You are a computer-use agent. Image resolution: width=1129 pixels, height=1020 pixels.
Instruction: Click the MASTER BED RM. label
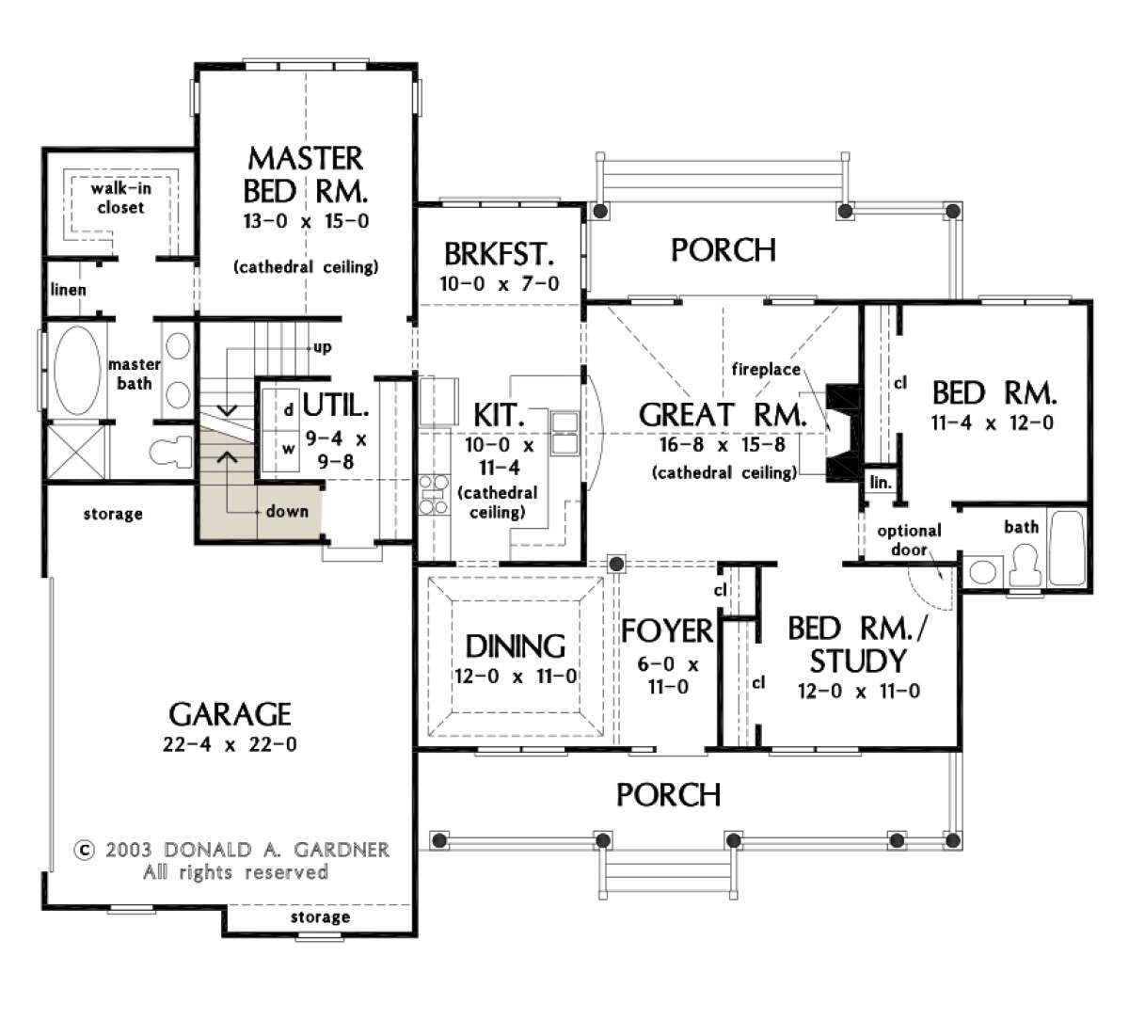[x=306, y=175]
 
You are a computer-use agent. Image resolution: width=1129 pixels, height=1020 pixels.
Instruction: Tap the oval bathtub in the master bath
[x=77, y=370]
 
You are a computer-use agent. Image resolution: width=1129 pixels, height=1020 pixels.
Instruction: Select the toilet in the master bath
[x=171, y=452]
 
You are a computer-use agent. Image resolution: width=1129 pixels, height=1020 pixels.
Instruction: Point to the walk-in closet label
[x=121, y=198]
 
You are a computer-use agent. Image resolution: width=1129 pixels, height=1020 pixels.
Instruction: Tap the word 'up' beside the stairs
[x=322, y=347]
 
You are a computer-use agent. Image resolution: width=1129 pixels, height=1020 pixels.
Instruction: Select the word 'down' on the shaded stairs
[x=287, y=511]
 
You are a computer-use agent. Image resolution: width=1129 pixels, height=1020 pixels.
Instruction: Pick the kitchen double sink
[x=564, y=433]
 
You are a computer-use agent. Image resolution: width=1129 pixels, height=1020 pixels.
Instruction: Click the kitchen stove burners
[x=434, y=495]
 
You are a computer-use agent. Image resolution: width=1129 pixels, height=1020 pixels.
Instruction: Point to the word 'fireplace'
[x=766, y=369]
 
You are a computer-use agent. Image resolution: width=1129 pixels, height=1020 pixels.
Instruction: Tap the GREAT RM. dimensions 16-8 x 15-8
[x=722, y=445]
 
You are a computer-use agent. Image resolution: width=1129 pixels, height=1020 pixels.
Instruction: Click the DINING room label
[x=515, y=646]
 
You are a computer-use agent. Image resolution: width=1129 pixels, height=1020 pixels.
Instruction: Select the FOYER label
[x=667, y=630]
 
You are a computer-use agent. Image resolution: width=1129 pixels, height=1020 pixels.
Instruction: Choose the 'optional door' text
[x=909, y=540]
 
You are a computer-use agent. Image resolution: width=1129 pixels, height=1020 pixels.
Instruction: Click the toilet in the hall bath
[x=1025, y=566]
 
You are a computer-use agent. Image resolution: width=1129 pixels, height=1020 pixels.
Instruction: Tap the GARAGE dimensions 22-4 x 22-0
[x=230, y=744]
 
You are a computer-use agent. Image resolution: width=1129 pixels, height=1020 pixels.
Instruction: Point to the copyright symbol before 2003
[x=84, y=850]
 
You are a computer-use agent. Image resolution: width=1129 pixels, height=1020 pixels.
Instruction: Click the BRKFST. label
[x=499, y=254]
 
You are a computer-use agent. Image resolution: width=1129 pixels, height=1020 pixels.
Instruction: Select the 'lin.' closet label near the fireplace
[x=881, y=483]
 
